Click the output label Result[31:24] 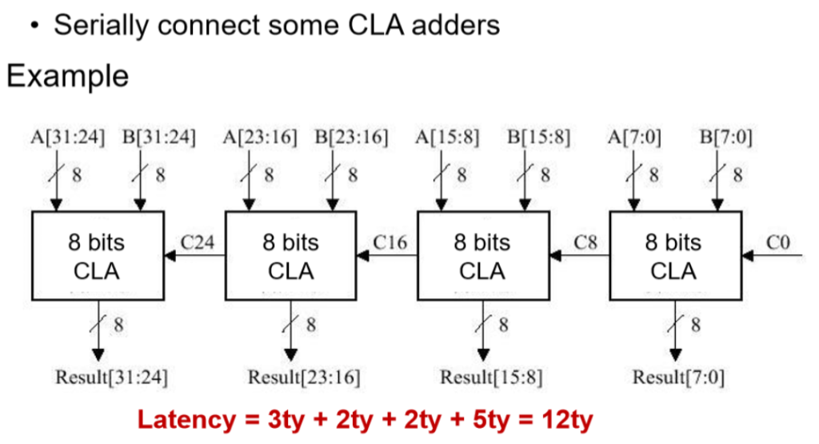click(111, 376)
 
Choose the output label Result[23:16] click(304, 376)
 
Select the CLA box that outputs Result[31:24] click(97, 255)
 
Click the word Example click(67, 76)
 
